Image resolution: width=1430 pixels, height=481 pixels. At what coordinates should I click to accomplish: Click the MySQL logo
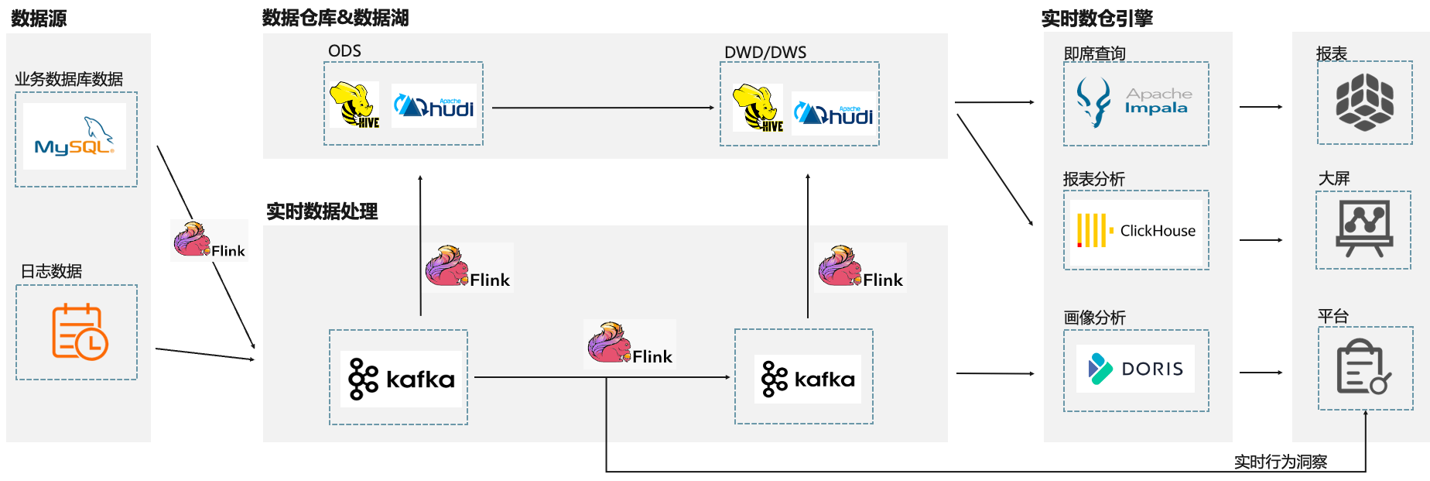[x=76, y=136]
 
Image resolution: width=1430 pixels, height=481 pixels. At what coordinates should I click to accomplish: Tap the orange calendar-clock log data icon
[x=79, y=332]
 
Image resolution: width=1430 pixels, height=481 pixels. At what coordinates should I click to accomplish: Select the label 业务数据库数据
[x=69, y=79]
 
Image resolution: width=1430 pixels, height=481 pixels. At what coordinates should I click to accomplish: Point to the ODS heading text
[x=344, y=51]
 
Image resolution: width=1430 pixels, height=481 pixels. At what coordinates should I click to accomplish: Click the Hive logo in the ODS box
[x=354, y=105]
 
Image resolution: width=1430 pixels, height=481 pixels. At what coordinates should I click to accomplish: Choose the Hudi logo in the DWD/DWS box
[x=833, y=114]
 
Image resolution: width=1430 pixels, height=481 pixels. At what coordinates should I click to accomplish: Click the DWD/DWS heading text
[x=765, y=53]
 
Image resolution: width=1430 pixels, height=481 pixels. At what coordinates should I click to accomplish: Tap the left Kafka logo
[x=401, y=379]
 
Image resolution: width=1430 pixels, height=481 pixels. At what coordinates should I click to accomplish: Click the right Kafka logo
[x=808, y=379]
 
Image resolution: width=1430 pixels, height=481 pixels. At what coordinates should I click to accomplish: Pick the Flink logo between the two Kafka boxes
[x=629, y=344]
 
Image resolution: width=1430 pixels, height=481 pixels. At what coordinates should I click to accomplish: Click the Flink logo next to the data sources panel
[x=209, y=240]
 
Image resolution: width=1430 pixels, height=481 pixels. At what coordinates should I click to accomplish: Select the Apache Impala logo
[x=1135, y=102]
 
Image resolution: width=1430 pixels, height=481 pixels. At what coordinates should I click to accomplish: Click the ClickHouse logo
[x=1136, y=231]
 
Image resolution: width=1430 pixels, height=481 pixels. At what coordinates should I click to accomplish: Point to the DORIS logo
[x=1135, y=369]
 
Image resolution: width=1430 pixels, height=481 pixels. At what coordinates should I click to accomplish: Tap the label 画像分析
[x=1094, y=318]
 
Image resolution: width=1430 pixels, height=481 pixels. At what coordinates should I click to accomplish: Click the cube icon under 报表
[x=1364, y=101]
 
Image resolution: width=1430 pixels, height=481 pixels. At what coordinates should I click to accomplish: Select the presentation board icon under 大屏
[x=1364, y=228]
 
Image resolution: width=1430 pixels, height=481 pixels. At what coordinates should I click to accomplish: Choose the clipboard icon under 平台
[x=1363, y=366]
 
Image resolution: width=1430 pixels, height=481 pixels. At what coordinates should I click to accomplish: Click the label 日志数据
[x=51, y=271]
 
